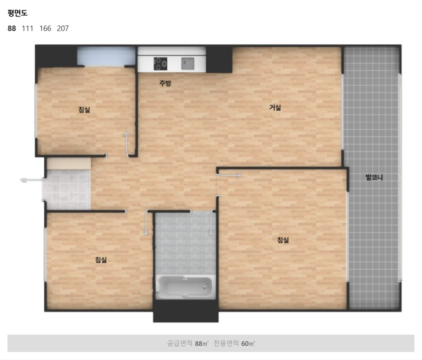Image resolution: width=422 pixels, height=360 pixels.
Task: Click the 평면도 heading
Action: click(x=17, y=13)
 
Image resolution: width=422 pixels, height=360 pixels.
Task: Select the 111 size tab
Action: click(x=27, y=29)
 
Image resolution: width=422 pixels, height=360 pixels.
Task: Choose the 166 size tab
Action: click(x=45, y=29)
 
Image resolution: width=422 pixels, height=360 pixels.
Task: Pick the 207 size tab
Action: click(x=63, y=29)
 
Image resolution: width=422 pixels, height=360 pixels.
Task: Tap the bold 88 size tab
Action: click(x=12, y=29)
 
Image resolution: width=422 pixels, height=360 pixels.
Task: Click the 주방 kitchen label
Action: click(x=165, y=83)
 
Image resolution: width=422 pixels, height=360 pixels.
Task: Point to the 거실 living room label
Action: click(x=275, y=108)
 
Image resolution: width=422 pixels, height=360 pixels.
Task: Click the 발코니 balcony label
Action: click(x=374, y=177)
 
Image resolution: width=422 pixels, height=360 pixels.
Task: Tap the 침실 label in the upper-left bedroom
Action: click(x=84, y=110)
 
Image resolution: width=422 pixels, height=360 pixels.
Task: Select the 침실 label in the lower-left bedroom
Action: click(x=101, y=260)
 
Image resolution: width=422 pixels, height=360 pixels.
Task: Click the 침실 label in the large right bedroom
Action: click(x=283, y=240)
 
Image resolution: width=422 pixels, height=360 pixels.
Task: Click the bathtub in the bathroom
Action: click(x=186, y=287)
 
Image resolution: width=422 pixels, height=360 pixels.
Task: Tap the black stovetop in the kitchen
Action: click(x=160, y=64)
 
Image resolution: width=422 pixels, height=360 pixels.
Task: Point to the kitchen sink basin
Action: click(x=188, y=63)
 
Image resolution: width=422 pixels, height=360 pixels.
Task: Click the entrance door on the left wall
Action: click(x=32, y=180)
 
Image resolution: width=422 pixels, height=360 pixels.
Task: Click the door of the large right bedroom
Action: click(x=230, y=175)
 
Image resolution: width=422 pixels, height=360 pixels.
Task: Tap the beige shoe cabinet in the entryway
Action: click(x=69, y=164)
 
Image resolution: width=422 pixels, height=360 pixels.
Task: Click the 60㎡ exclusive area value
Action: click(x=248, y=343)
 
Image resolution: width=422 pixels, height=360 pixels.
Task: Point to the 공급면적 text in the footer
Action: click(x=179, y=343)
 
